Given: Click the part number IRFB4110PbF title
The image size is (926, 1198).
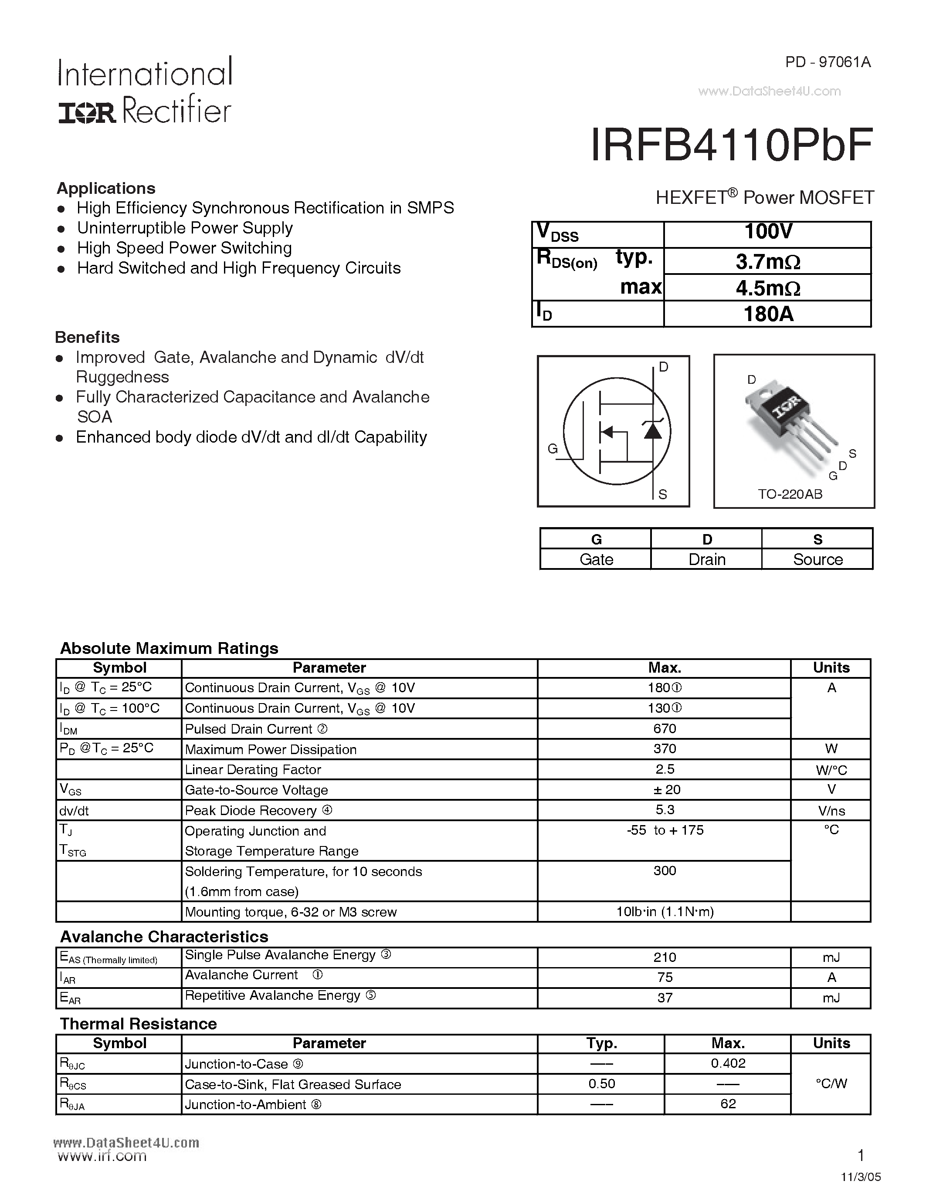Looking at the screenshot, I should pos(731,146).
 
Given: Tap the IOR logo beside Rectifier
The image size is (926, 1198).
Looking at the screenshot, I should pos(87,113).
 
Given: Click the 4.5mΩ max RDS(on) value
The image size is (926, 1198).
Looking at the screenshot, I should pos(767,288).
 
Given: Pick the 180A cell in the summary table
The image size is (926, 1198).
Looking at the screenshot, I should pos(767,314).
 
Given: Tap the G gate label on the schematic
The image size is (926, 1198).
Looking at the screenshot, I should pos(553,449).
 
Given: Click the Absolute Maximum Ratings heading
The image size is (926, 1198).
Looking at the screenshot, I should pos(169,648).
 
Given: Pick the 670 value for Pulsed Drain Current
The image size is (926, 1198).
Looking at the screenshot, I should pos(665,728).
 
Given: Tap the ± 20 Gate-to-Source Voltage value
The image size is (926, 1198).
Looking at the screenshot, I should pos(665,789).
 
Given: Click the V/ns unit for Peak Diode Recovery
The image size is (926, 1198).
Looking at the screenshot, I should pos(831,811).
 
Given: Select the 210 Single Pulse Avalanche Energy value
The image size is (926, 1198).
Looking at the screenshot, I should pos(665,957).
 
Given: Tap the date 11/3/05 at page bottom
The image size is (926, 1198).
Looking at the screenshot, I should pos(861,1177).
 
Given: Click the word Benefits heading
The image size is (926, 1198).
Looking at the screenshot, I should pos(88,337).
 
